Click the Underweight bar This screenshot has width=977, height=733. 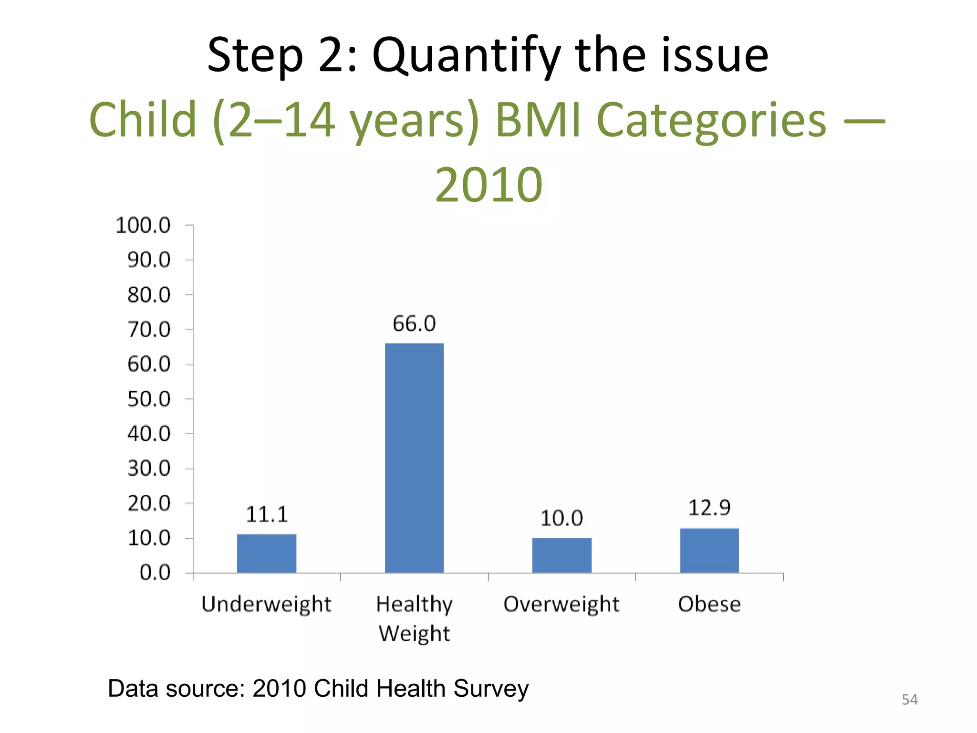[x=267, y=553]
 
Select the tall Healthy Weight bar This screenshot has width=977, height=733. [x=414, y=458]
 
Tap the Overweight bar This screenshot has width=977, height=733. [x=561, y=555]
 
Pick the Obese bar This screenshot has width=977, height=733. [x=709, y=550]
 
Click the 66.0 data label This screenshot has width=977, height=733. [x=414, y=324]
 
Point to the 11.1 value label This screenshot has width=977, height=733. [x=267, y=514]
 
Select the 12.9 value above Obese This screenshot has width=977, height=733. [x=709, y=508]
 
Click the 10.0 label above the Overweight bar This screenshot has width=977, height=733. [x=561, y=518]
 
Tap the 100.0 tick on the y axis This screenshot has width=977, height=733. [x=143, y=225]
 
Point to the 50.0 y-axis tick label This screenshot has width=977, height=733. [x=149, y=399]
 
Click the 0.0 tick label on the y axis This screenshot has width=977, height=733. [x=155, y=573]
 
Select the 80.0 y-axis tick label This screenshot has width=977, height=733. [x=149, y=295]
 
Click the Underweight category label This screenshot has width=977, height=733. [x=266, y=604]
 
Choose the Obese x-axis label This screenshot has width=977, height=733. [x=709, y=604]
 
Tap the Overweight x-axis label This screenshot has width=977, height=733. [x=561, y=604]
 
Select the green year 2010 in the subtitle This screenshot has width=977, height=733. [x=488, y=184]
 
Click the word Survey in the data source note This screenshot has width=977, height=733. [x=491, y=688]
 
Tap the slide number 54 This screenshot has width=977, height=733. [x=909, y=700]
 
